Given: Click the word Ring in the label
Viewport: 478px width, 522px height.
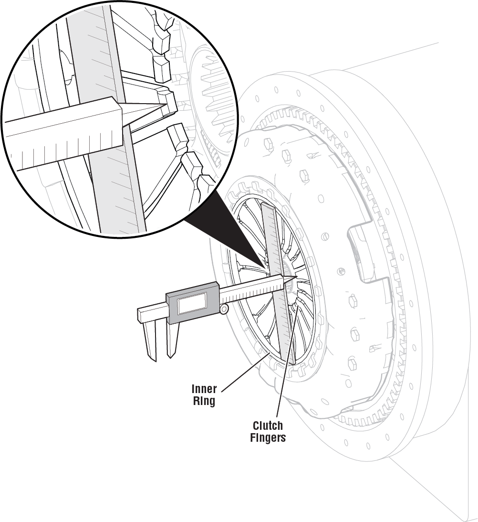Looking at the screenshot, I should coord(204,401).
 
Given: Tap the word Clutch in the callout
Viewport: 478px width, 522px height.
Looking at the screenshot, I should coord(268,425).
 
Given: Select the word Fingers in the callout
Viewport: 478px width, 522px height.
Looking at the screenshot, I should coord(268,437).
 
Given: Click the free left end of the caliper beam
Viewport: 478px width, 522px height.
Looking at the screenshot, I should coord(142,314).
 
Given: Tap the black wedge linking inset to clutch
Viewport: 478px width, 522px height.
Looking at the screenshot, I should coord(224,229).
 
